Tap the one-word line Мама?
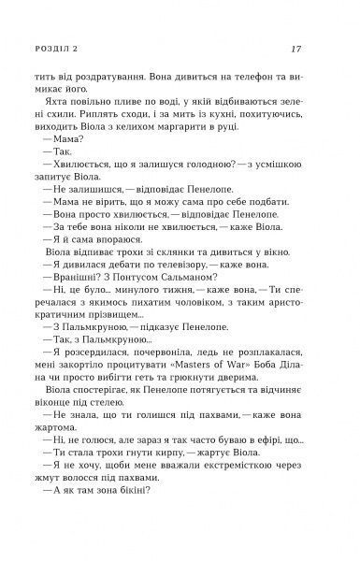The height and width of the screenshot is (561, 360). click(74, 164)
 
